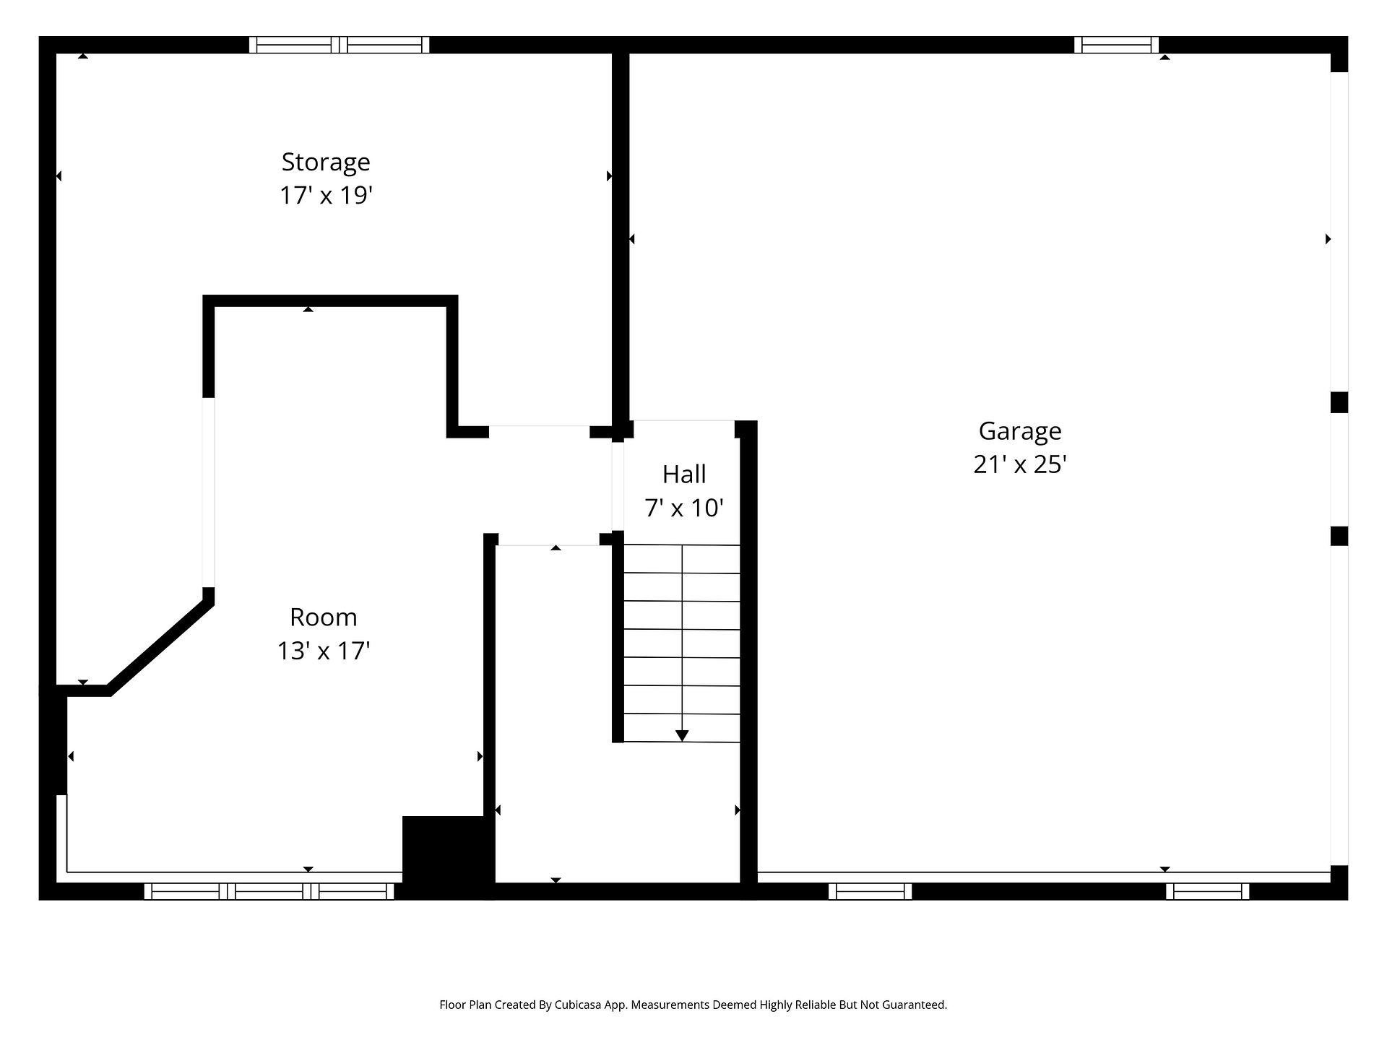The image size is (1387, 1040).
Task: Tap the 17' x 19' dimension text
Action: (x=326, y=196)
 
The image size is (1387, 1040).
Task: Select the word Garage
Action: (x=1020, y=432)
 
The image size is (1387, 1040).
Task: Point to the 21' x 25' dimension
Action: (x=1020, y=464)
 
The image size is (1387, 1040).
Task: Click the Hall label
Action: (x=684, y=474)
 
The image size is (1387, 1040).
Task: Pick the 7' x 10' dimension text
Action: (x=684, y=508)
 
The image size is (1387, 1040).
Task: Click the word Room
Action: (x=324, y=617)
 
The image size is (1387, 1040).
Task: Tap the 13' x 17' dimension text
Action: (x=324, y=651)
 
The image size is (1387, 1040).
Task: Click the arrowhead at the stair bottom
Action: (x=682, y=736)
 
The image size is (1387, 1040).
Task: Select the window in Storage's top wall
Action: (x=340, y=45)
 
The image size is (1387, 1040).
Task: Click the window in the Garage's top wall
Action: (x=1116, y=45)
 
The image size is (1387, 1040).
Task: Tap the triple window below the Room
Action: (x=269, y=891)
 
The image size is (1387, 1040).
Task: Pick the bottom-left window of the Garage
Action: (x=870, y=891)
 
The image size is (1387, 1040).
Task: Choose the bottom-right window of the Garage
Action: (x=1207, y=891)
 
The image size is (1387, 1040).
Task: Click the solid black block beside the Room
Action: (x=448, y=857)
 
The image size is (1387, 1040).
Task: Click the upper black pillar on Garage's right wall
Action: (x=1339, y=402)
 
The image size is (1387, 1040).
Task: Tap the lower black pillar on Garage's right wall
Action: (x=1339, y=536)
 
